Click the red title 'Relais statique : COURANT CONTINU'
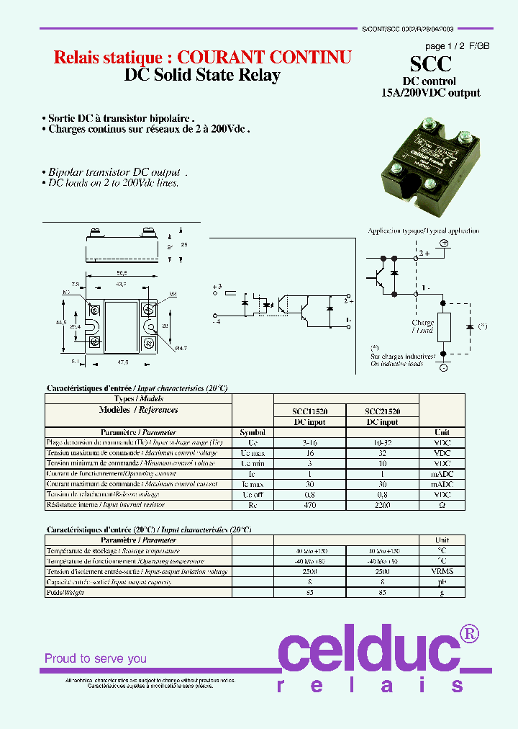(203, 58)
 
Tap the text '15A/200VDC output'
(430, 92)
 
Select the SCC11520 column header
(310, 411)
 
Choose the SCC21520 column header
(382, 411)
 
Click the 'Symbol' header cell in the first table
(253, 432)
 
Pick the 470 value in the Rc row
(310, 506)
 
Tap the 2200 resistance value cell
(382, 506)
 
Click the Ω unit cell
(442, 506)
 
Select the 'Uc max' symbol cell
(253, 453)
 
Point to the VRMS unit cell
(442, 571)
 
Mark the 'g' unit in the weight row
(442, 592)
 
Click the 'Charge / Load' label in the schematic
(422, 326)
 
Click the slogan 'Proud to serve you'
(96, 658)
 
